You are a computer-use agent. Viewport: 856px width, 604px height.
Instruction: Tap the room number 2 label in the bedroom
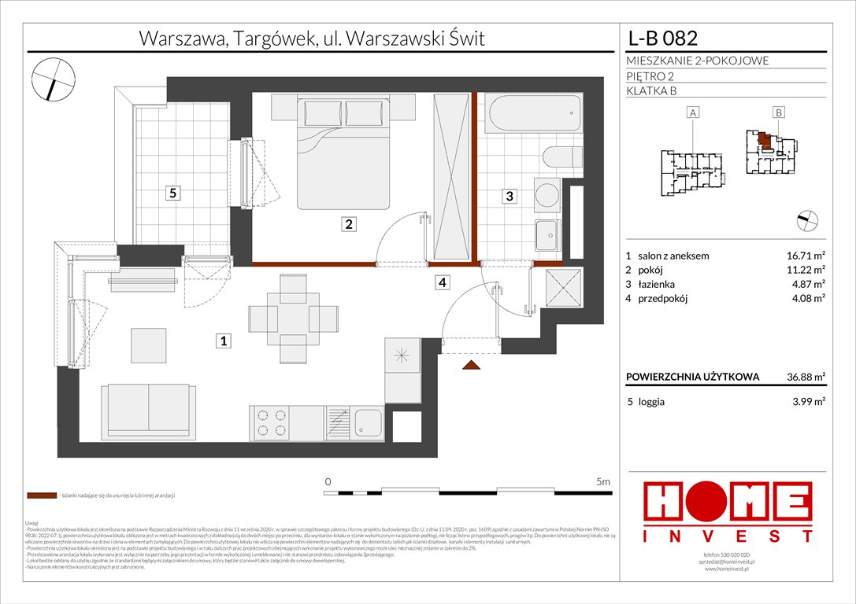[x=349, y=224]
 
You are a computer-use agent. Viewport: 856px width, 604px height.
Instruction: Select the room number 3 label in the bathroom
[x=510, y=197]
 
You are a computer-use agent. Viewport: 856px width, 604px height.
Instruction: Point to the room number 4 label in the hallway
[x=443, y=282]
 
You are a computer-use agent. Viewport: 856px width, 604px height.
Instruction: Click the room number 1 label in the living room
[x=224, y=341]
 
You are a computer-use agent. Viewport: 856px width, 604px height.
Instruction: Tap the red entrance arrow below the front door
[x=472, y=365]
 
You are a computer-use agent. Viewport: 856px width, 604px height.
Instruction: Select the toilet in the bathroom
[x=561, y=157]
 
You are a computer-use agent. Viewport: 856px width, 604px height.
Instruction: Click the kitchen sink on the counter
[x=367, y=423]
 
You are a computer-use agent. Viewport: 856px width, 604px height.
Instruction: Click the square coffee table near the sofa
[x=149, y=344]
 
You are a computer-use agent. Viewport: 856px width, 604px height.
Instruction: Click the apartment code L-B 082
[x=662, y=39]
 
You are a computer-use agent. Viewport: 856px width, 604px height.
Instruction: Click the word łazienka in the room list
[x=655, y=284]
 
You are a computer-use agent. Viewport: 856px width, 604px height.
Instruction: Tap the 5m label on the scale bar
[x=604, y=481]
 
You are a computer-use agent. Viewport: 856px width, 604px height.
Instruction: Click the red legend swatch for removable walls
[x=42, y=496]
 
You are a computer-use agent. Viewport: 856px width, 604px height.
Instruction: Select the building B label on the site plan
[x=778, y=113]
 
